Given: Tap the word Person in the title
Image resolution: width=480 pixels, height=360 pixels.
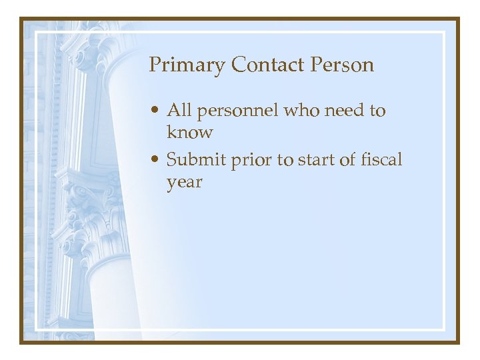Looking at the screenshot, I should [x=342, y=65].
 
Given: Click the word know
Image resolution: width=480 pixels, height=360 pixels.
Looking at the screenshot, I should [x=189, y=132].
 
